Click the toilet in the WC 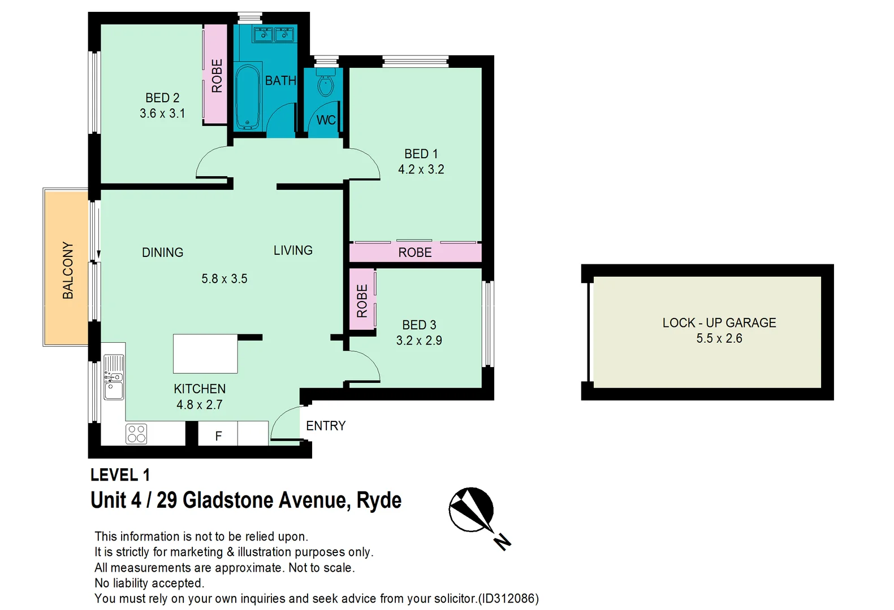[325, 86]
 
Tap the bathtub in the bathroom [247, 97]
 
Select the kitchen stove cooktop [136, 433]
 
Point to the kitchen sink [114, 377]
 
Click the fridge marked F [218, 435]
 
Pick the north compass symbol [472, 510]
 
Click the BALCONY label [68, 270]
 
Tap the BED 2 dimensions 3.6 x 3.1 [162, 114]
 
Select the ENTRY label [326, 426]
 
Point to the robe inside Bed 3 [362, 300]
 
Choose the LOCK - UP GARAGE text [719, 323]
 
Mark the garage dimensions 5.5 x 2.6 [719, 338]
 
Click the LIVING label [293, 250]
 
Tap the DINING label [162, 252]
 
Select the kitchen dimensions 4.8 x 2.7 [200, 404]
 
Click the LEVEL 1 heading [120, 475]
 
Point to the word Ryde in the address [379, 500]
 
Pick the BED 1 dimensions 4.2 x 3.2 [421, 169]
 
